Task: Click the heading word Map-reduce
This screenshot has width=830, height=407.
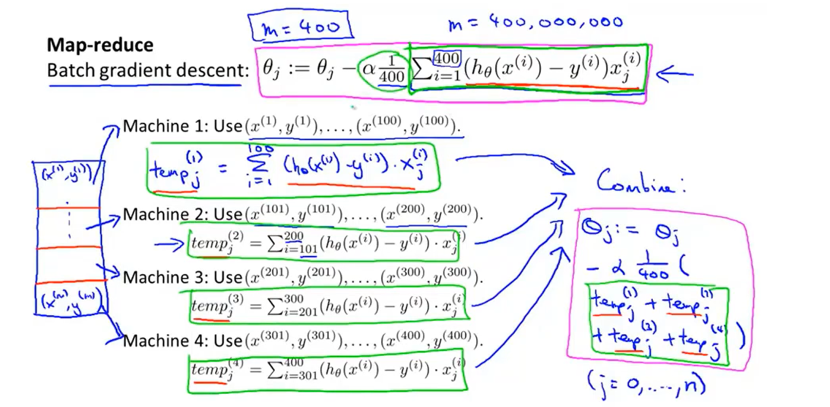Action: (x=100, y=45)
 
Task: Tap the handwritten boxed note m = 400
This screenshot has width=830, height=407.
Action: (x=301, y=26)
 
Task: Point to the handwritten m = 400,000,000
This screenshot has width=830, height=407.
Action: (x=535, y=23)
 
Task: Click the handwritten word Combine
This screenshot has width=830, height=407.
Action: (x=640, y=182)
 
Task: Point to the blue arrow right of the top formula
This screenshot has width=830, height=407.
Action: (x=674, y=74)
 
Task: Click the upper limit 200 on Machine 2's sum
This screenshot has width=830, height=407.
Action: (x=293, y=236)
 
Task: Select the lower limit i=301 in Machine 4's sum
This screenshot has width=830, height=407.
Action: (x=301, y=375)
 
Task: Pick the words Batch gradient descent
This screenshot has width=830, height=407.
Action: (x=148, y=70)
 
